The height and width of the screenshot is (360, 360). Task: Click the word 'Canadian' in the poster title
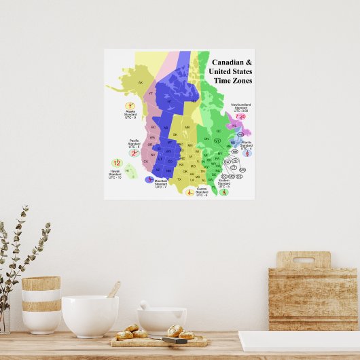coord(226,62)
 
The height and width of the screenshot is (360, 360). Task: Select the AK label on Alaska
coord(141,83)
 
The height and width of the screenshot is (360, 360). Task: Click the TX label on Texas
coord(179,179)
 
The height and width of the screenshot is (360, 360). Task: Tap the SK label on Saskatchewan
coord(175,134)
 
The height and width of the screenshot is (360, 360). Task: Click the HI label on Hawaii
coord(127,170)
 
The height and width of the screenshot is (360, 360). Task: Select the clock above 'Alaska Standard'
coord(130,107)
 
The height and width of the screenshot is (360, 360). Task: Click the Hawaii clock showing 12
coord(116,163)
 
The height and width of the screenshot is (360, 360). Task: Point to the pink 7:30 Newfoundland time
coord(241,116)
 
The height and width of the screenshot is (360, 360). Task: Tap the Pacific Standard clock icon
coord(135,154)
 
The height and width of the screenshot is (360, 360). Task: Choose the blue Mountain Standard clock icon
coord(150,179)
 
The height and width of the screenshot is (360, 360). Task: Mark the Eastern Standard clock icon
coord(223,192)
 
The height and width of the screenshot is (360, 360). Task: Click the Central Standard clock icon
coord(190,188)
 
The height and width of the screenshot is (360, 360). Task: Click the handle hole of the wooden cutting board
coord(303,259)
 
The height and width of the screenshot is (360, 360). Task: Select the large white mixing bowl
coord(90,315)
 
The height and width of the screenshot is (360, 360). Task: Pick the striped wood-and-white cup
coord(41,304)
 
